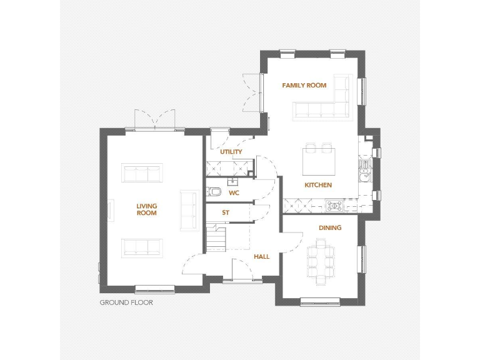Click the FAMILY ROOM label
tap(304, 85)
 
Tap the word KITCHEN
tap(318, 185)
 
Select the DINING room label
tap(330, 227)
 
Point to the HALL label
tap(261, 256)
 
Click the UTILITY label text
tap(231, 152)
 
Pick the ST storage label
tap(226, 212)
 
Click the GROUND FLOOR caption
tap(126, 302)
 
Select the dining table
tap(320, 262)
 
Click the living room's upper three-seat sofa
tap(142, 172)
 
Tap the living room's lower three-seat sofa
tap(142, 247)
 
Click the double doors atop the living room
tap(154, 121)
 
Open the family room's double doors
tap(252, 92)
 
